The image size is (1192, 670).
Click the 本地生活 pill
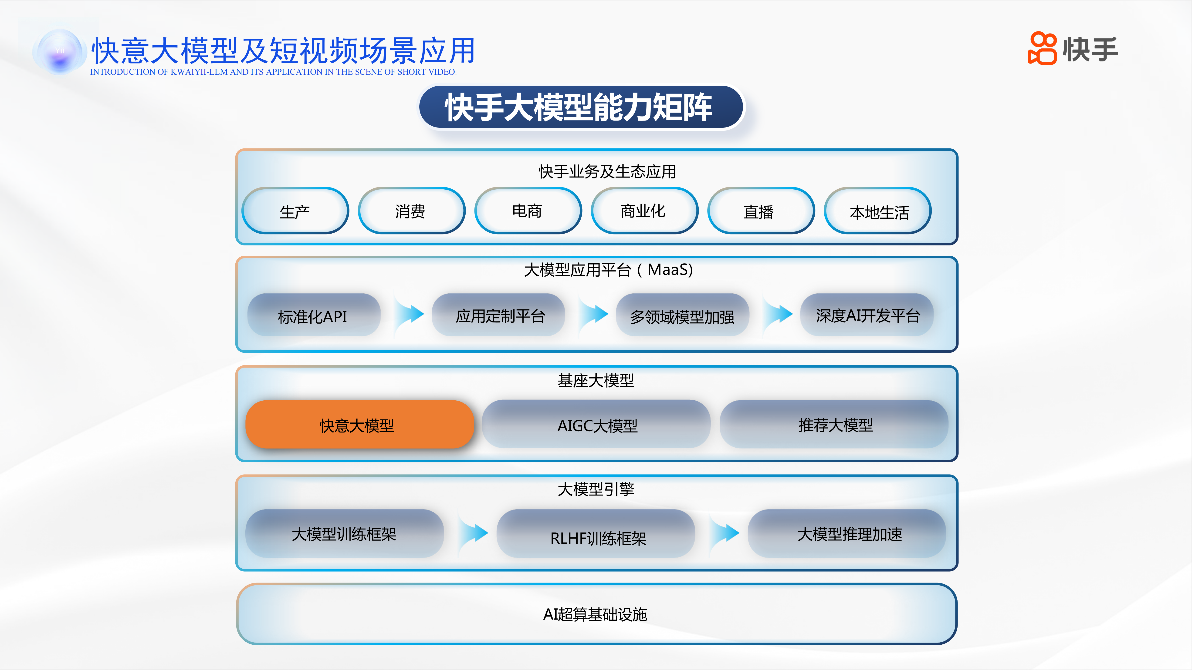tap(877, 211)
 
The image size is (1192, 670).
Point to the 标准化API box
tap(314, 315)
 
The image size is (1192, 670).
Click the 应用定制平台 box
tap(498, 315)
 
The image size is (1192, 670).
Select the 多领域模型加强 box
tap(683, 315)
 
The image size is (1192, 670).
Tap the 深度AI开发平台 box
tap(867, 315)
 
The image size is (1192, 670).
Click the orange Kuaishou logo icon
tap(1042, 48)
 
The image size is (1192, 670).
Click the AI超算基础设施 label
tap(595, 614)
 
